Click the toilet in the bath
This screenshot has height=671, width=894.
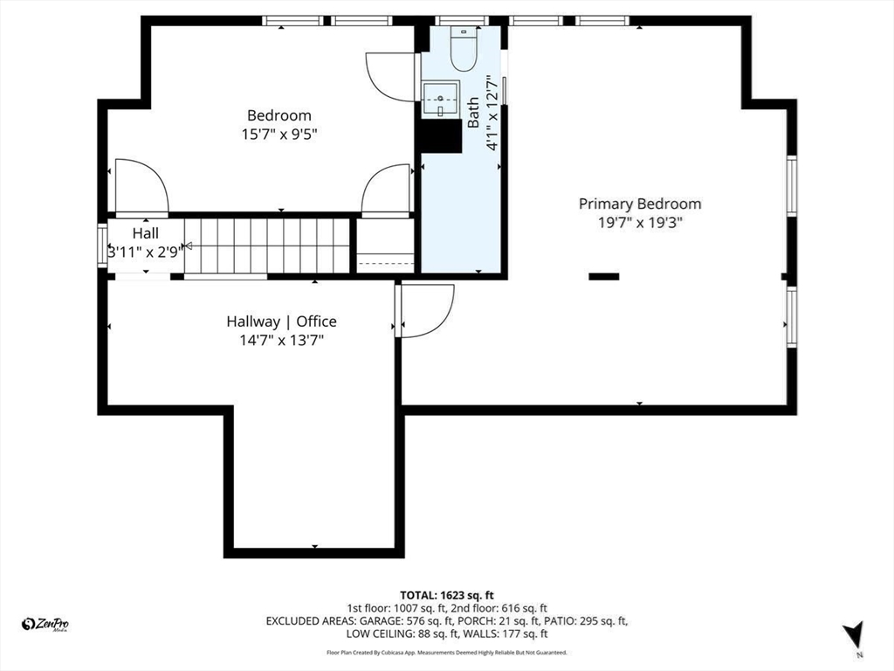(x=463, y=48)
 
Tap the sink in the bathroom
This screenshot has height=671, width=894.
(x=441, y=98)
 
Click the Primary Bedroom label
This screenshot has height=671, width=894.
(x=640, y=204)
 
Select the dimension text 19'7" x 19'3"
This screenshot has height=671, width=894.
(x=640, y=223)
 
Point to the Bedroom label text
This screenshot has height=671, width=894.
(x=279, y=115)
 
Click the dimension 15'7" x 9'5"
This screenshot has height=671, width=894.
(x=279, y=135)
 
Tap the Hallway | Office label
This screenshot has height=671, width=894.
(x=281, y=322)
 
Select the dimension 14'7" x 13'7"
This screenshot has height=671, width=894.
(x=281, y=341)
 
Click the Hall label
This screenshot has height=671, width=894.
(x=146, y=233)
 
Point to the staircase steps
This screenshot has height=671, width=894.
(x=267, y=246)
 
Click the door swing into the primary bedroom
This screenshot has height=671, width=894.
(x=426, y=311)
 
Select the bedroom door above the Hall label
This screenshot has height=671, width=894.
(x=141, y=185)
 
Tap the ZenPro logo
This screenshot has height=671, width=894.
(x=45, y=624)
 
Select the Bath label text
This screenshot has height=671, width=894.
(x=473, y=113)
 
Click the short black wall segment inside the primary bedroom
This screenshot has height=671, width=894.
(x=603, y=276)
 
